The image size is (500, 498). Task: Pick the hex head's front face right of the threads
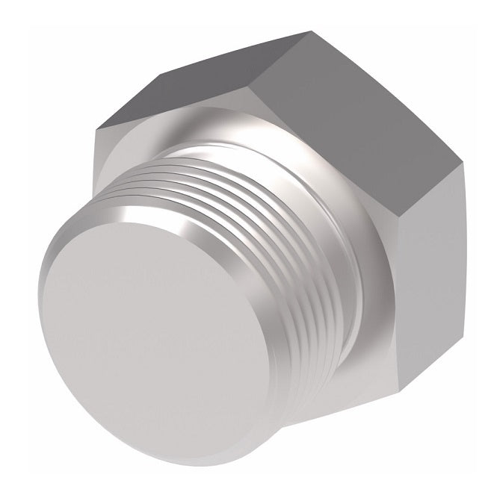(374, 314)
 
